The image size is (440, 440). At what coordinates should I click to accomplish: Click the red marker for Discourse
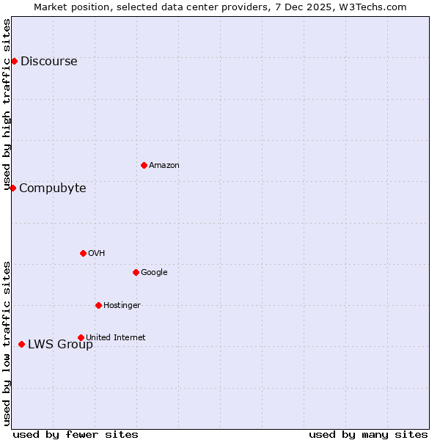pyautogui.click(x=14, y=61)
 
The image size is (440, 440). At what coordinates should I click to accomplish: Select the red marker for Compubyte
pyautogui.click(x=12, y=188)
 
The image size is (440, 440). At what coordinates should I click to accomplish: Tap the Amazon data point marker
pyautogui.click(x=144, y=165)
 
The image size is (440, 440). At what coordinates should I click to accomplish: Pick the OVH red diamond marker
pyautogui.click(x=83, y=253)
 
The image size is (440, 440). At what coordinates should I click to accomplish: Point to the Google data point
pyautogui.click(x=136, y=272)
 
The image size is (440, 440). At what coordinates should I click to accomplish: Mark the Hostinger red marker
pyautogui.click(x=98, y=305)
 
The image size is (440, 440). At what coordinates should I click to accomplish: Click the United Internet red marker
pyautogui.click(x=81, y=337)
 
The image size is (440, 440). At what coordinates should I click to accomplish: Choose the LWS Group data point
pyautogui.click(x=21, y=344)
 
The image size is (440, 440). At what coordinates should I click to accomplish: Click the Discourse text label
pyautogui.click(x=48, y=62)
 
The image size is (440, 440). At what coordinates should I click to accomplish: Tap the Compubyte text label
pyautogui.click(x=52, y=188)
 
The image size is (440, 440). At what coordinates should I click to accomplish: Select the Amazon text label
pyautogui.click(x=164, y=166)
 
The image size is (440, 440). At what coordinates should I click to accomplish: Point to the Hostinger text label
pyautogui.click(x=122, y=306)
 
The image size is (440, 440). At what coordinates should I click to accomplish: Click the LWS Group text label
pyautogui.click(x=60, y=345)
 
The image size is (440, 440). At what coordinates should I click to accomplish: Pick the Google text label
pyautogui.click(x=154, y=273)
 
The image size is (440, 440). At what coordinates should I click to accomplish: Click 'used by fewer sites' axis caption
pyautogui.click(x=76, y=434)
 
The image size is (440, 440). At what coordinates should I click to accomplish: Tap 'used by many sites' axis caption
pyautogui.click(x=368, y=434)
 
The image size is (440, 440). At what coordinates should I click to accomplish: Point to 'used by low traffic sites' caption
pyautogui.click(x=7, y=343)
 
